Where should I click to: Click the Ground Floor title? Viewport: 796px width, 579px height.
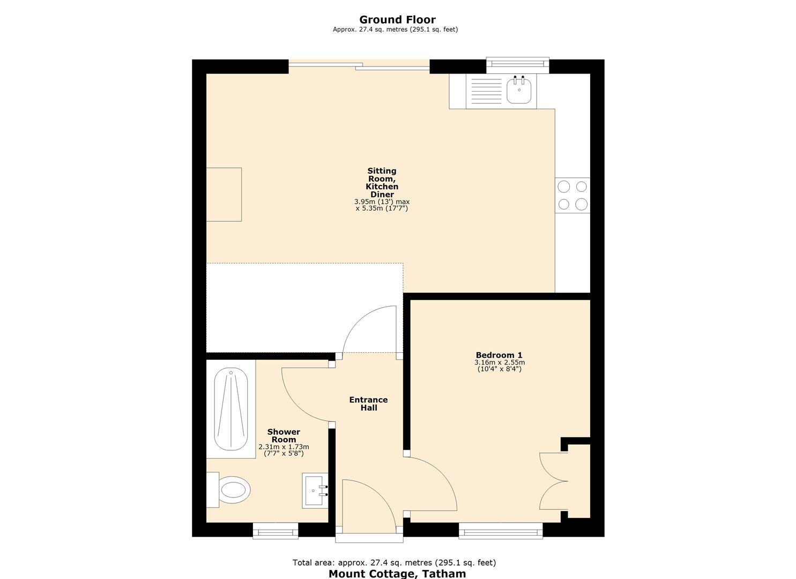click(x=397, y=20)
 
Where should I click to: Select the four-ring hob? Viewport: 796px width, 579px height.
click(x=572, y=195)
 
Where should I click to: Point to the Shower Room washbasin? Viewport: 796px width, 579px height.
click(x=315, y=491)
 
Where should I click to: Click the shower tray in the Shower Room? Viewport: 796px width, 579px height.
click(x=231, y=409)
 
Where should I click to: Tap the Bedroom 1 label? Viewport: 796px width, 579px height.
click(x=499, y=355)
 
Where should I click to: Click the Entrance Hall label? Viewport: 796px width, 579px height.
click(x=368, y=404)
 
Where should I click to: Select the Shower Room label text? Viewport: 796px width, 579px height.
click(x=284, y=435)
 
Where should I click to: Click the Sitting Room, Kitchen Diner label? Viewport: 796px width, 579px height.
click(x=382, y=183)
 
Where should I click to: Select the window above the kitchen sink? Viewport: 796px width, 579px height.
click(x=517, y=64)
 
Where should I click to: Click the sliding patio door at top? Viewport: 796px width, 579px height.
click(x=359, y=66)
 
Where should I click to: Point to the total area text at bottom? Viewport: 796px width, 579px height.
click(x=394, y=562)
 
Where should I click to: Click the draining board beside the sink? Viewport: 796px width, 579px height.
click(x=486, y=91)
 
